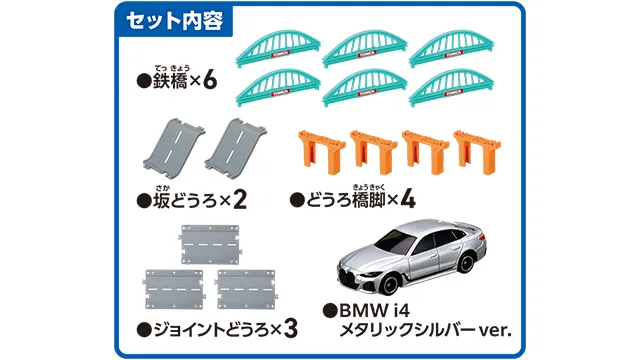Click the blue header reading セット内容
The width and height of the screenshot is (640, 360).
[x=175, y=20]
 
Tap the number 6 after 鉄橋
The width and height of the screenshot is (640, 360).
[x=210, y=81]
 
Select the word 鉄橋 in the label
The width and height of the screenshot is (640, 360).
[x=170, y=81]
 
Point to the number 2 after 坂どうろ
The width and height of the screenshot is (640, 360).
[x=240, y=200]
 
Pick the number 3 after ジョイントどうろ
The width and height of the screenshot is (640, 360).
[x=290, y=329]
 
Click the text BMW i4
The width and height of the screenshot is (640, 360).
[x=374, y=311]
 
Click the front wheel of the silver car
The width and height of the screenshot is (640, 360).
[x=390, y=284]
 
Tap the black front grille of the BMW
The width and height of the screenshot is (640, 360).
[x=353, y=276]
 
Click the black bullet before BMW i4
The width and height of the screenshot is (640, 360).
[x=330, y=311]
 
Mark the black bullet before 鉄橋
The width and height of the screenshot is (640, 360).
[x=144, y=81]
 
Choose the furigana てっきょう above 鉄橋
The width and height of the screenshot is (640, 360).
[x=171, y=68]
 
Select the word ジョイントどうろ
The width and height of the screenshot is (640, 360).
[x=211, y=330]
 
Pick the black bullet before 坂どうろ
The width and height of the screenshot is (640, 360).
[x=144, y=201]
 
